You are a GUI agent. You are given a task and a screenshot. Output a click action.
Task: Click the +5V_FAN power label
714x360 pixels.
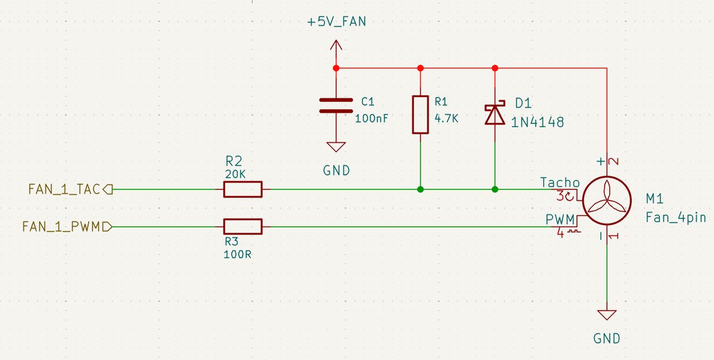(336, 22)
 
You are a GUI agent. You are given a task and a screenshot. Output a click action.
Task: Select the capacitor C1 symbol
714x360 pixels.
(336, 105)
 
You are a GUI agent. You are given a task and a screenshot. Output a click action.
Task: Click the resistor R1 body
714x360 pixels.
(421, 114)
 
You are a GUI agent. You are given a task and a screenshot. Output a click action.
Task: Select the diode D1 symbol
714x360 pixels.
(495, 114)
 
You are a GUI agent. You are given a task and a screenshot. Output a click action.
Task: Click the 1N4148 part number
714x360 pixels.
(537, 122)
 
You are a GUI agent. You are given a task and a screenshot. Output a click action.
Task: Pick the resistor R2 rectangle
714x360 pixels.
(243, 189)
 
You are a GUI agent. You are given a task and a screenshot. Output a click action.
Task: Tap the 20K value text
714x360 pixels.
(235, 174)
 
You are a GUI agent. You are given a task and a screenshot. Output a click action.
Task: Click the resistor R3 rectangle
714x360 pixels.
(243, 227)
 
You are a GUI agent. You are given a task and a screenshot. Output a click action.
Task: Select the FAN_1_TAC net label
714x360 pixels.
(64, 189)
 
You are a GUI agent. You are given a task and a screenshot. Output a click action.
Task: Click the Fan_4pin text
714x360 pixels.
(676, 218)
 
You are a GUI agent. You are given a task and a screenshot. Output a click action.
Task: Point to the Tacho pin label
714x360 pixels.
(560, 183)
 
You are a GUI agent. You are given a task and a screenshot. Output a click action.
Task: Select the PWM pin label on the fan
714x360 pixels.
(559, 219)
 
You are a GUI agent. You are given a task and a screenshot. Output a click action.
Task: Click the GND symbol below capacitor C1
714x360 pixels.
(336, 147)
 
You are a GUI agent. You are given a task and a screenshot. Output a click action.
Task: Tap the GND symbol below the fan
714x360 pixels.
(606, 315)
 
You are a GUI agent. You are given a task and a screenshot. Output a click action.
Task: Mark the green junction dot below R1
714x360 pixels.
(421, 189)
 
